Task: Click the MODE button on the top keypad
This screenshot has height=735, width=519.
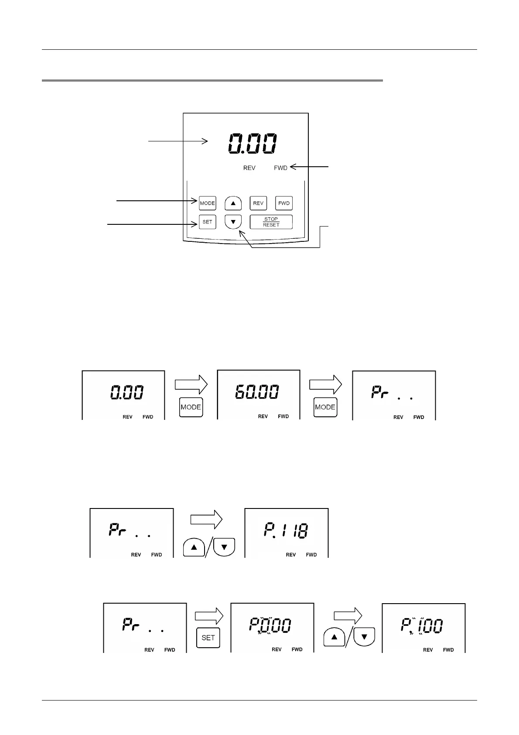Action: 207,203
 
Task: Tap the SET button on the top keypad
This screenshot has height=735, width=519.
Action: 207,222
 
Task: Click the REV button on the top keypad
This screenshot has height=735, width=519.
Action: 258,203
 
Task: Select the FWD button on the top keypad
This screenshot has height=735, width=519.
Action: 284,203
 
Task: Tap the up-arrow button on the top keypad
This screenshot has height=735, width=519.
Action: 233,203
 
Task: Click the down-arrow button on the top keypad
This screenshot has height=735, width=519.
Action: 233,222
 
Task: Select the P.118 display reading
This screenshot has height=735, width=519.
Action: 286,530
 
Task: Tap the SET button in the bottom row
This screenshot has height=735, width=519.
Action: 208,638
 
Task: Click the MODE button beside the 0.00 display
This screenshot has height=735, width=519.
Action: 191,407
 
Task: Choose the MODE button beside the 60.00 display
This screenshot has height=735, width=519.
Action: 325,407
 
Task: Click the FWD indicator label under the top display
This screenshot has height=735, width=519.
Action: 280,168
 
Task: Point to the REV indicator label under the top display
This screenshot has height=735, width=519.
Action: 249,168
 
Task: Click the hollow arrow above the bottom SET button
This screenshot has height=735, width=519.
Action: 209,616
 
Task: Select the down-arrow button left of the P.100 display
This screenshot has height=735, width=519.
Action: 365,637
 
